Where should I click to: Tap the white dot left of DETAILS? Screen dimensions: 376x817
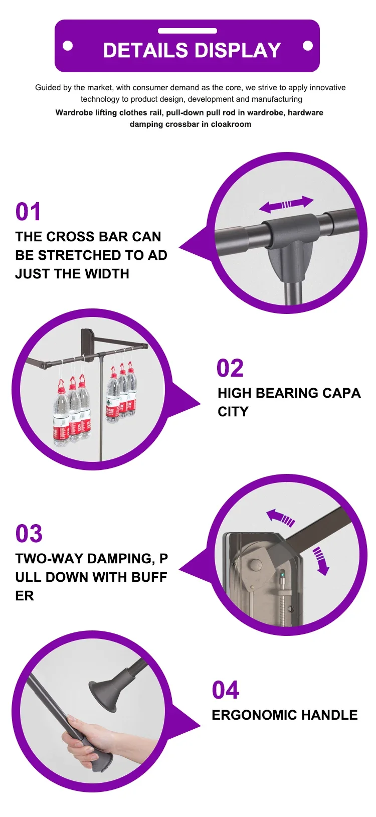pos(68,46)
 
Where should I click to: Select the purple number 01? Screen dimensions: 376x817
pos(28,212)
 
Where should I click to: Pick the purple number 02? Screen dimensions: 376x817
pos(230,368)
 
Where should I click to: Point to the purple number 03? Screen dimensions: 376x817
pos(29,533)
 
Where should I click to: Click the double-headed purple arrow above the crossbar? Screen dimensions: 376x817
pos(286,204)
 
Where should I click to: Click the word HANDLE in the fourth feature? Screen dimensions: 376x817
pos(329,715)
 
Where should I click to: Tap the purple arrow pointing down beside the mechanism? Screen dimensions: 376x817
pos(321,561)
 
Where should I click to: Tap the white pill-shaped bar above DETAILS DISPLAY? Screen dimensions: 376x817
pos(187,31)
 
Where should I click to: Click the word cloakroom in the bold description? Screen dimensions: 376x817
pos(231,124)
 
